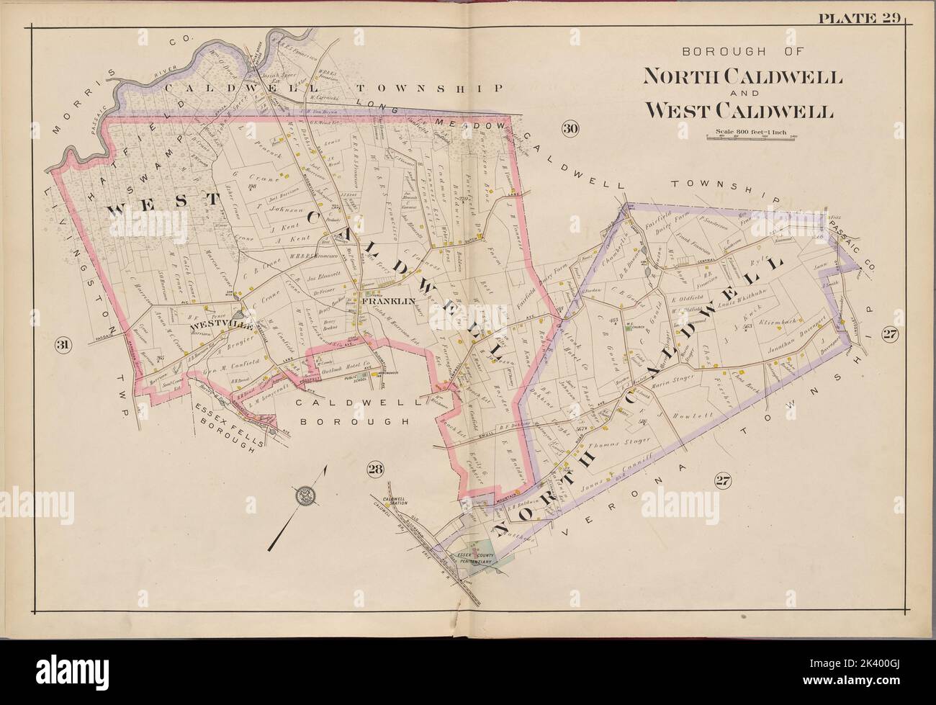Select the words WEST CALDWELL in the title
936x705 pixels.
[x=739, y=111]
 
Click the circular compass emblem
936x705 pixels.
[x=305, y=495]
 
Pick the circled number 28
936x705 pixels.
[x=374, y=470]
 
